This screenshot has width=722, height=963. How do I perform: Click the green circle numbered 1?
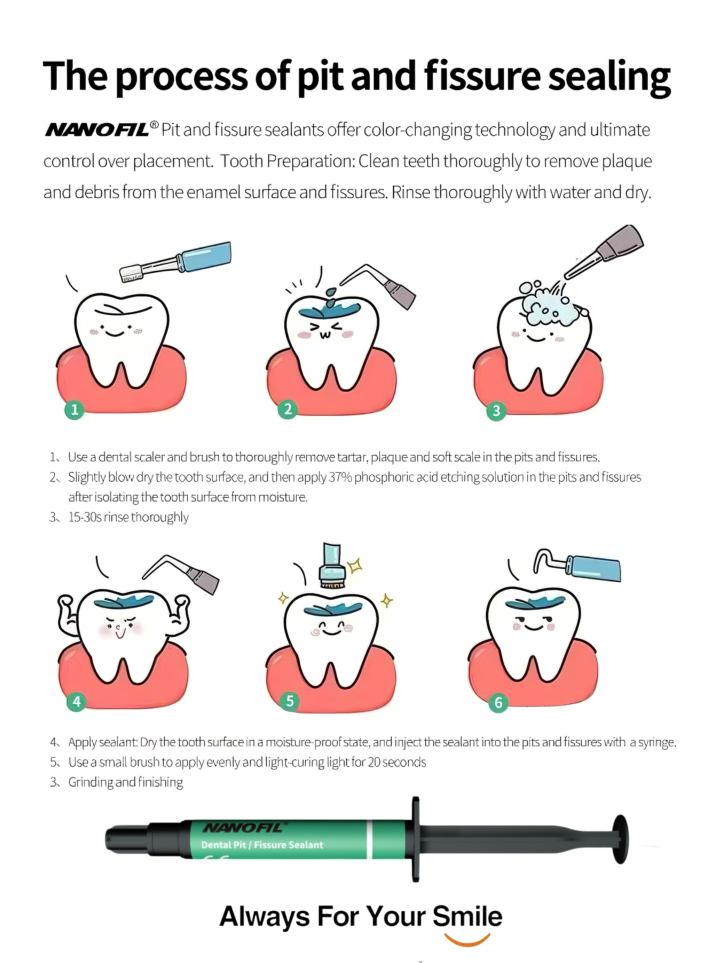point(74,410)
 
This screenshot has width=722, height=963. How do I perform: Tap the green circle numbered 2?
point(288,409)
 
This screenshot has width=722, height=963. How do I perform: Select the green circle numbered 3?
point(496,411)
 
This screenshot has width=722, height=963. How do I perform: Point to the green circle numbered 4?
point(77,701)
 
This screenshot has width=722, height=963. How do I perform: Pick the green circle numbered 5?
point(290,701)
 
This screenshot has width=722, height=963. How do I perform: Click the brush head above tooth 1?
point(131,273)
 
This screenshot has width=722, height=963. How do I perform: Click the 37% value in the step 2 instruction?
point(340,477)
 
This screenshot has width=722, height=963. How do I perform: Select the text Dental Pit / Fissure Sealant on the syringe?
point(262,844)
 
